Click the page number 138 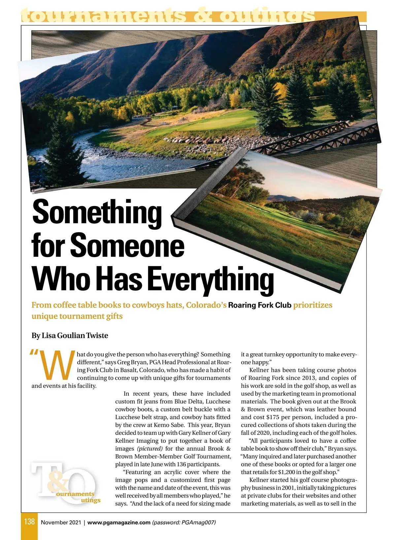tap(29, 522)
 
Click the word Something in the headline tap(97, 213)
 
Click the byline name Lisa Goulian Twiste tap(75, 336)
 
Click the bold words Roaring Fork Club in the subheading tap(260, 305)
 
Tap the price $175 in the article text tap(273, 417)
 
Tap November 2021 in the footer tap(61, 522)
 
